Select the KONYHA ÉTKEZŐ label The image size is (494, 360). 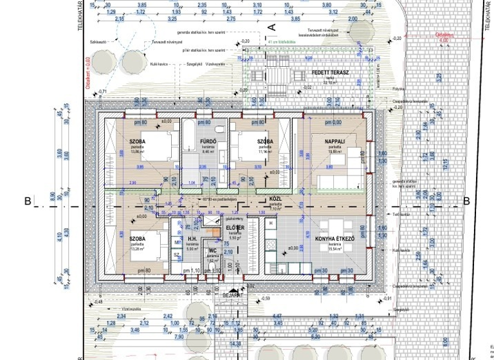tap(335, 239)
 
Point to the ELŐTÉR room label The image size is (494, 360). tap(234, 228)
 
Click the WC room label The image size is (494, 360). tap(212, 251)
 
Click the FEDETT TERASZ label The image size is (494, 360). tap(330, 73)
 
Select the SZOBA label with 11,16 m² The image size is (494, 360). tap(266, 141)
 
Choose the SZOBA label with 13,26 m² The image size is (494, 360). tap(137, 239)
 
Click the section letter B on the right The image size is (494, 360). tap(466, 201)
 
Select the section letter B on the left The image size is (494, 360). tap(27, 201)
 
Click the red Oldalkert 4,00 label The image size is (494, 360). tap(443, 37)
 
